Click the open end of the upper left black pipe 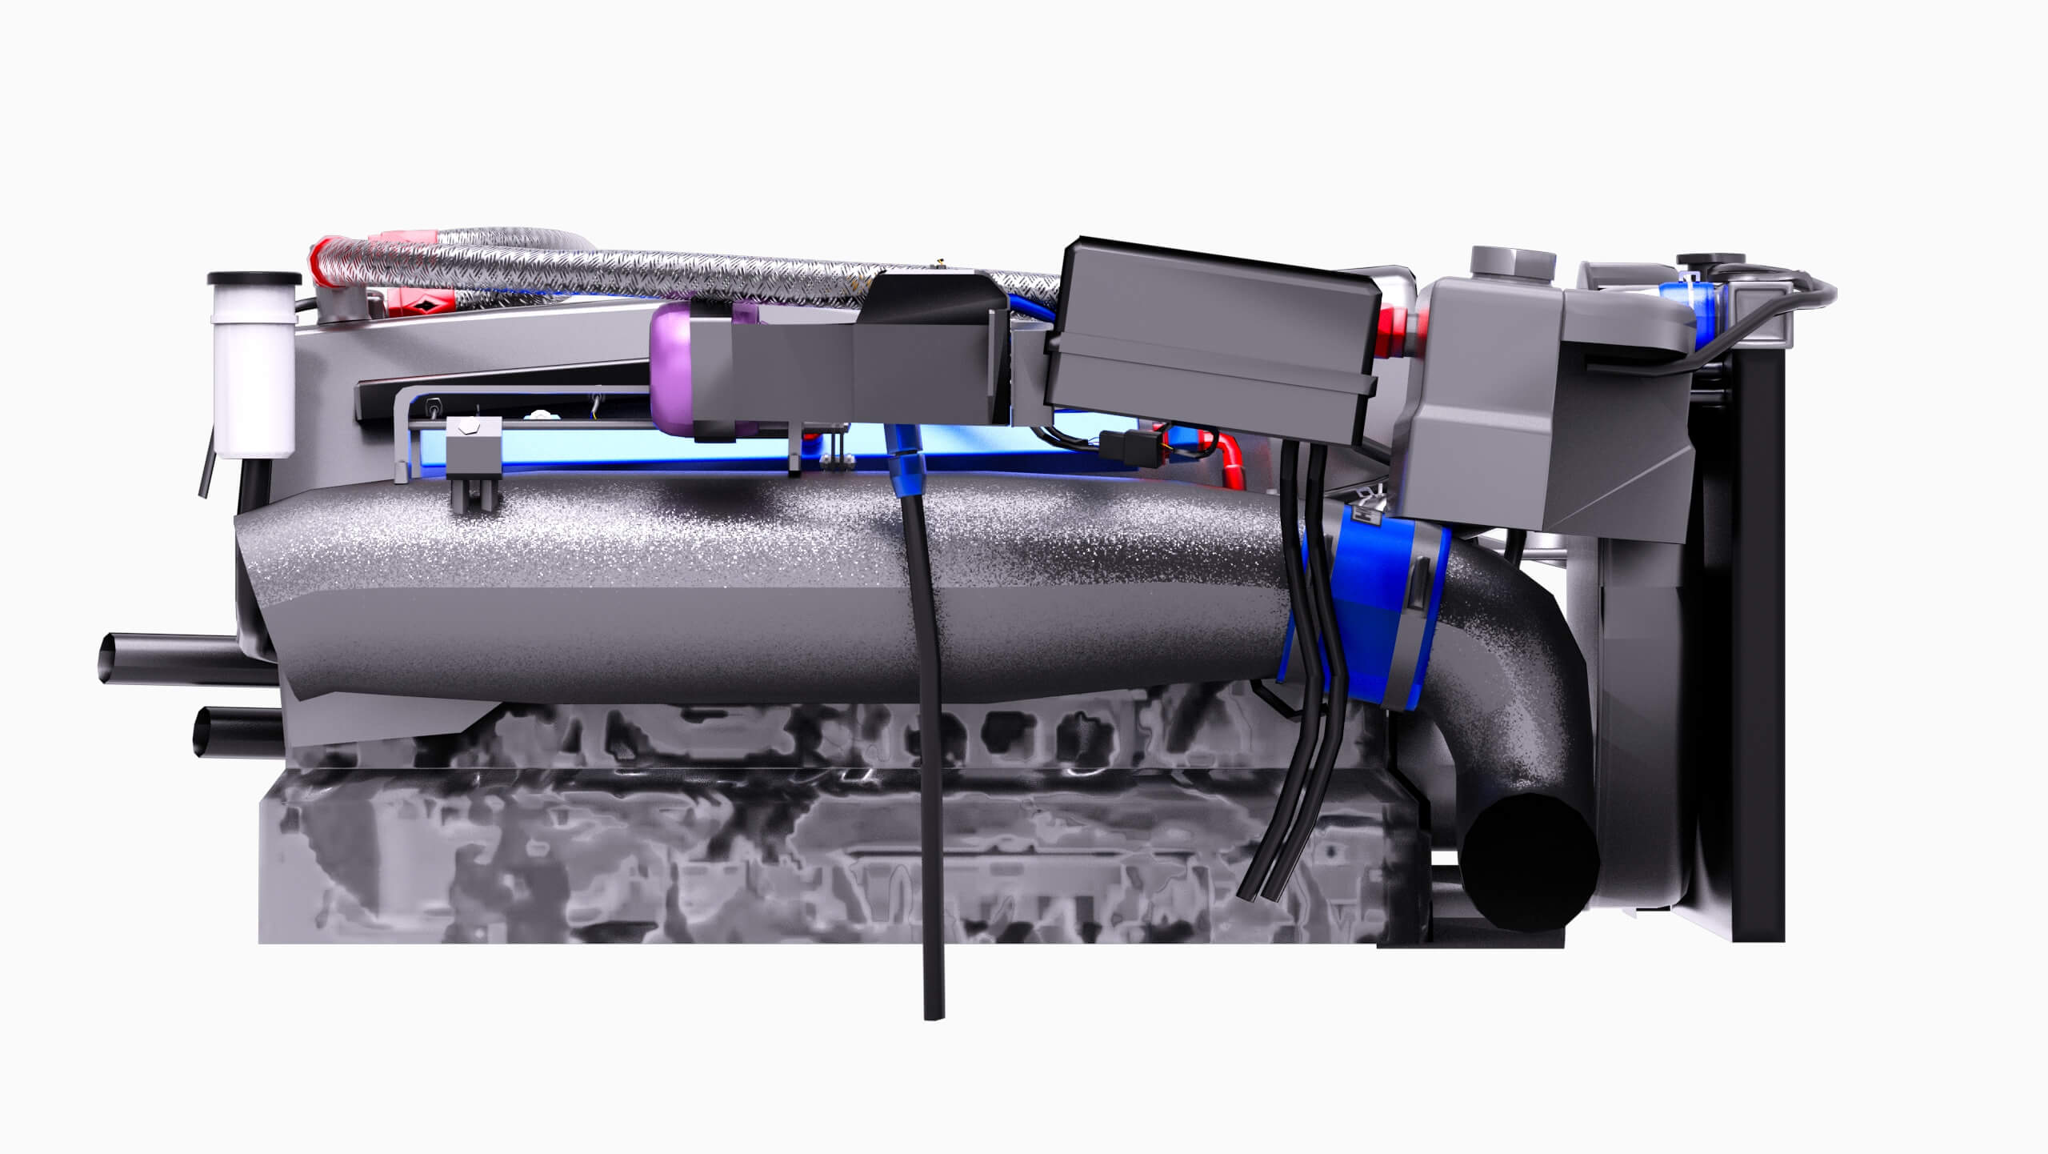tap(108, 659)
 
